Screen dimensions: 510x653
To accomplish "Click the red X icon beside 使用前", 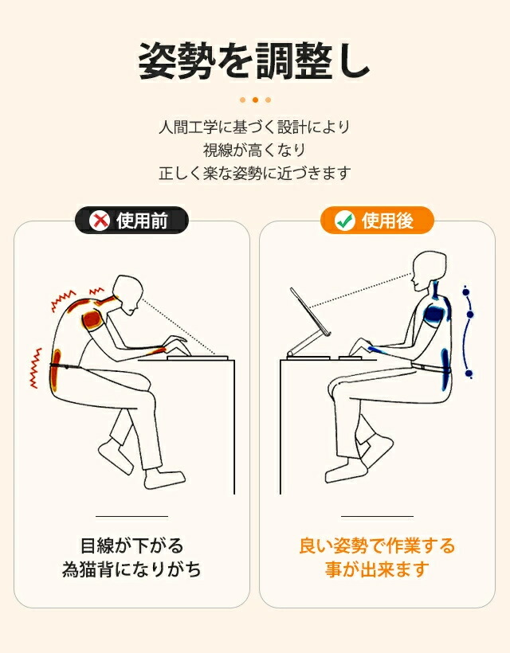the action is point(100,221).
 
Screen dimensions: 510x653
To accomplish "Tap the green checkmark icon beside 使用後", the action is point(345,221).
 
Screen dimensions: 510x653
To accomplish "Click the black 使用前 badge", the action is point(131,221).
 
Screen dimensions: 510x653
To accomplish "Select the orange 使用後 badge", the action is point(377,221).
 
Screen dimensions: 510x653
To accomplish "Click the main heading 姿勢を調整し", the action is point(254,61).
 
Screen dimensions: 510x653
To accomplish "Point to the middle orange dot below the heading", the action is point(256,100).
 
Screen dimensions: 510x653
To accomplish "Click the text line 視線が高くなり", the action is point(254,150).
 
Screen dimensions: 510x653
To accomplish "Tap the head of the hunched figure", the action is point(128,295).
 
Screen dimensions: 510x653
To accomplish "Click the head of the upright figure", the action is point(430,270).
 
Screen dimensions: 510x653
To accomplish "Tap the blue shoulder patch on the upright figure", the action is point(433,314).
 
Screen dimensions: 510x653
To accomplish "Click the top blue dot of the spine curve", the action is point(466,292).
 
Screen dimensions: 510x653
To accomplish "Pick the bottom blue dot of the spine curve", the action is point(469,373).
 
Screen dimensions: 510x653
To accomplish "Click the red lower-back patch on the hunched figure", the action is point(56,370).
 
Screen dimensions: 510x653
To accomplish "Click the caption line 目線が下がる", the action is point(131,546).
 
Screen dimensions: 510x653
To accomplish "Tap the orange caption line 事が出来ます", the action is point(377,569).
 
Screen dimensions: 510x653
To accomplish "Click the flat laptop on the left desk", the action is point(197,358).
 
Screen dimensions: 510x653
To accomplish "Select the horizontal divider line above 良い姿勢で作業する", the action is point(377,516).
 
